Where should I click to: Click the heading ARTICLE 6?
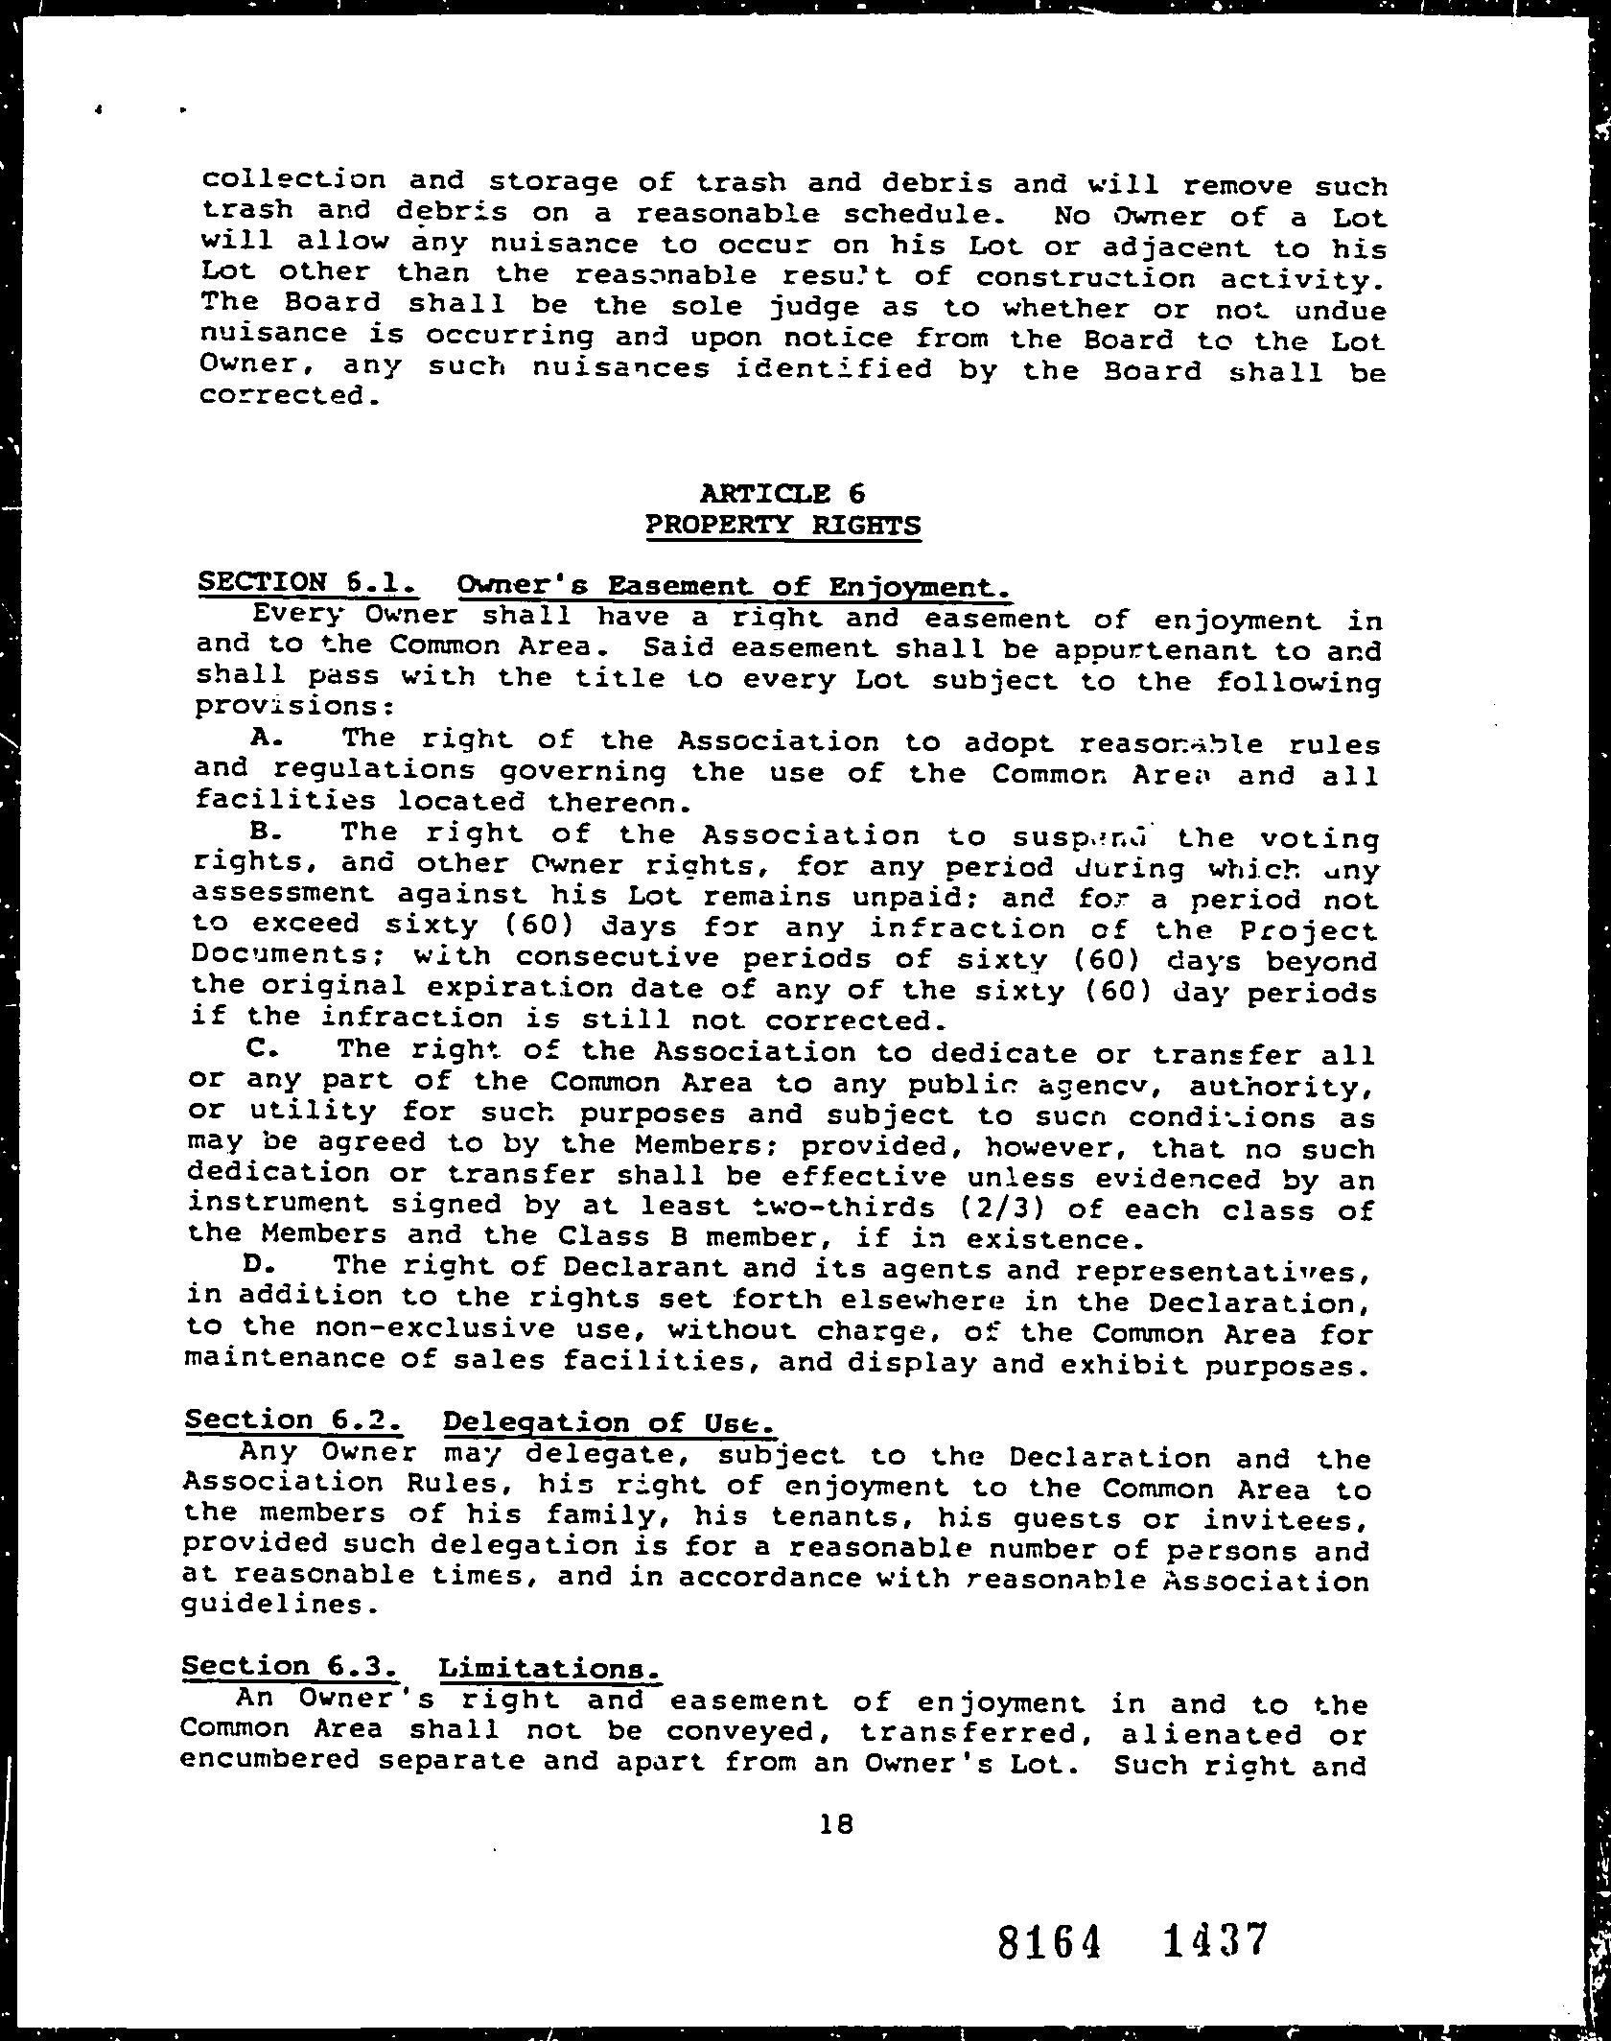coord(783,493)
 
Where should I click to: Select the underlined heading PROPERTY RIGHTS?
coord(783,526)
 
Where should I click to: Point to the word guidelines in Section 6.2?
coord(275,1605)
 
